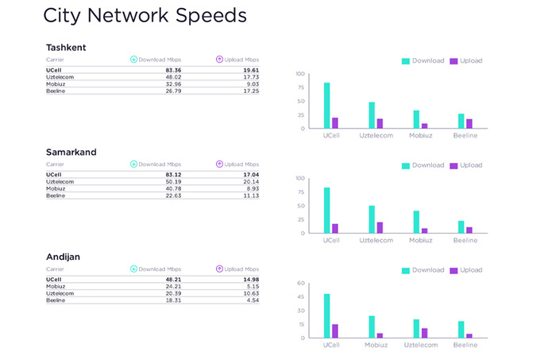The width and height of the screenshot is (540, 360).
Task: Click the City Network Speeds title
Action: (144, 16)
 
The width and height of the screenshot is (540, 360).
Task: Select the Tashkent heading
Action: (66, 47)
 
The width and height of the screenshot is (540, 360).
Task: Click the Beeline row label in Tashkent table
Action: (56, 91)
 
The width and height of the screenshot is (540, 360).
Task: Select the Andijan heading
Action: (64, 257)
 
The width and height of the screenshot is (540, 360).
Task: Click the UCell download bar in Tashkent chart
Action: (327, 105)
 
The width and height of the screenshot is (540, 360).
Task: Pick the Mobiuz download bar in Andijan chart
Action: (372, 327)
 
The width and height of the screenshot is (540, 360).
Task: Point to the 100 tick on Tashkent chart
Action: (300, 74)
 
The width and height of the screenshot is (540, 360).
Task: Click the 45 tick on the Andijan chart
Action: (301, 296)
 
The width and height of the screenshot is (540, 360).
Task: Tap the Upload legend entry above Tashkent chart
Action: (466, 60)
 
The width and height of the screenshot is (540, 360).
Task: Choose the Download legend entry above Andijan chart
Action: (422, 270)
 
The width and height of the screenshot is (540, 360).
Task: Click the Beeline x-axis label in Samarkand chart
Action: (465, 240)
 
